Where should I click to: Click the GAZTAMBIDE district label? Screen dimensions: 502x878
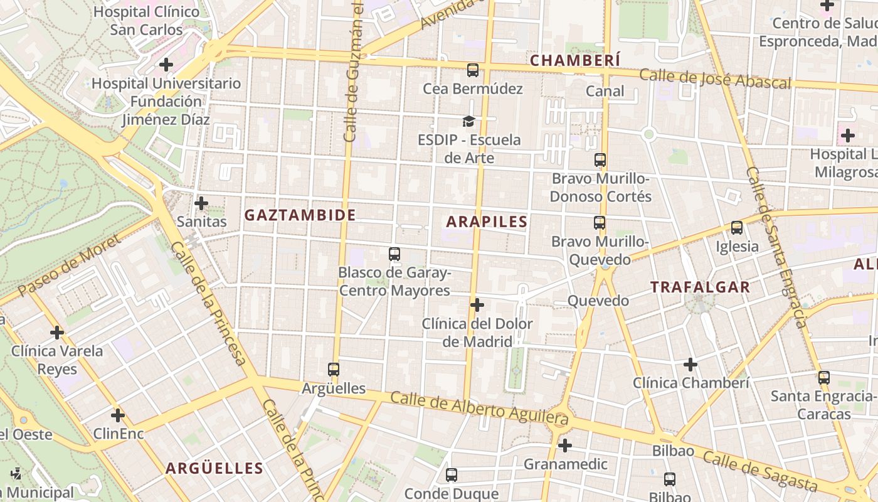[300, 215]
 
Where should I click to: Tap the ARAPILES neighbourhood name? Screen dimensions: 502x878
[487, 222]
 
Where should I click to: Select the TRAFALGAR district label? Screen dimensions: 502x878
[700, 287]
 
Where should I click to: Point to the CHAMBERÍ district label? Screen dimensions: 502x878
[575, 60]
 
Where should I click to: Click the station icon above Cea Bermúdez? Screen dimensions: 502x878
[473, 70]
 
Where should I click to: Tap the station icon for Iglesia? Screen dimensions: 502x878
[737, 228]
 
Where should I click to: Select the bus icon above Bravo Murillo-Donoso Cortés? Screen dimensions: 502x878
[600, 160]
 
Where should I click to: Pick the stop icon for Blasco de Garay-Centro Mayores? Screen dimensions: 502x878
[394, 254]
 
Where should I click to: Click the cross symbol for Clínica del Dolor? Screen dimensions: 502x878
[477, 306]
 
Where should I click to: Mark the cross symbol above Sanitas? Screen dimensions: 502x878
[201, 203]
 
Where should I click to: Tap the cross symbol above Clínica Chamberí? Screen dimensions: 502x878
[690, 365]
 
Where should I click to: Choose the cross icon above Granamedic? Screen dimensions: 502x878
[565, 446]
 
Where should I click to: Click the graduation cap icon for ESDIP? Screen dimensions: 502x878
[469, 121]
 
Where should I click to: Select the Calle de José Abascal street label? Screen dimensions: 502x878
[715, 79]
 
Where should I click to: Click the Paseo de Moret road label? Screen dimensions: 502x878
[69, 266]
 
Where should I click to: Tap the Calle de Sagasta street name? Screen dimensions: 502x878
[759, 471]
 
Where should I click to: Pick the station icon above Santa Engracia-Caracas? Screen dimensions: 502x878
[823, 378]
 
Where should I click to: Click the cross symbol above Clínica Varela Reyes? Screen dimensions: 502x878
[57, 333]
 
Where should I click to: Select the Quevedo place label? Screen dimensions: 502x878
[598, 301]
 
